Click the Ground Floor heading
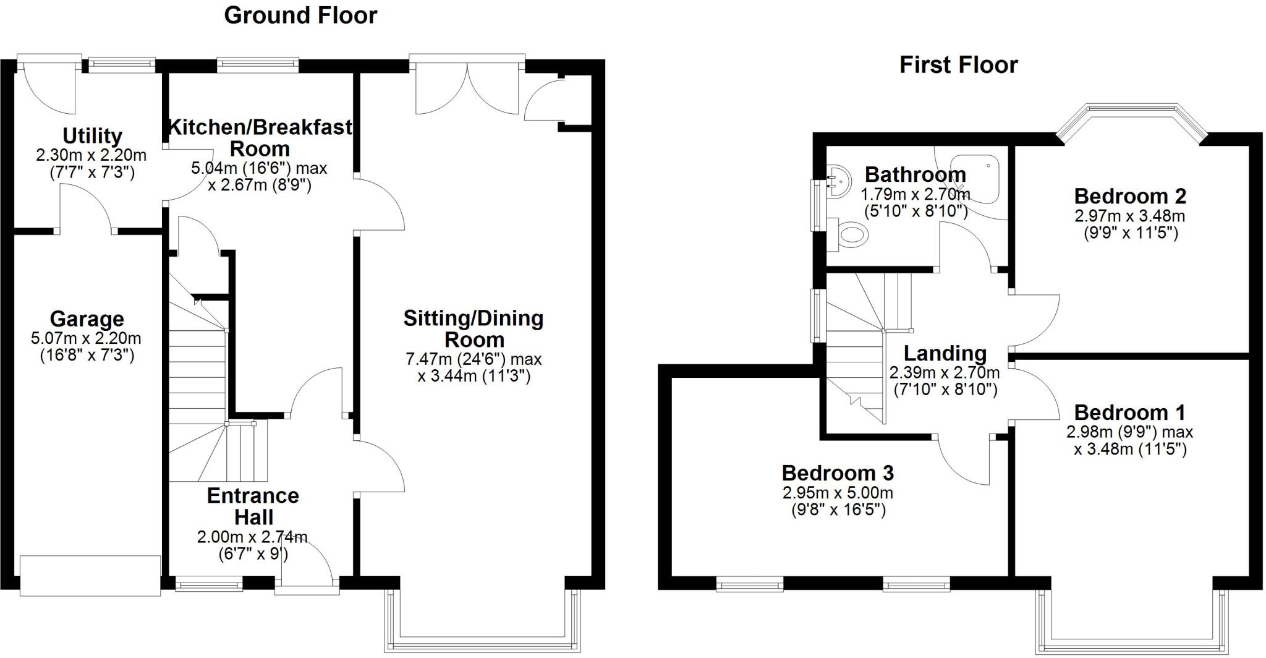click(x=300, y=15)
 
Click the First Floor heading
click(x=958, y=65)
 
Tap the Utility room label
click(x=92, y=135)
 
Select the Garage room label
click(x=87, y=319)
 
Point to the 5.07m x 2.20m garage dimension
click(x=86, y=338)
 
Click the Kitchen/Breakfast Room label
click(x=260, y=137)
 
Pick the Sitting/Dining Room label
click(x=474, y=328)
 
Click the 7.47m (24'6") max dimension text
click(x=474, y=359)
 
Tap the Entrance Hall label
click(x=253, y=506)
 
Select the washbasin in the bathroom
click(x=838, y=180)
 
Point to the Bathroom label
click(x=915, y=174)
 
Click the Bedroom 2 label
click(x=1130, y=196)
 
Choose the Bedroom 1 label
click(x=1130, y=412)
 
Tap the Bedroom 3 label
click(x=838, y=473)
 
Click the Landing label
click(x=945, y=353)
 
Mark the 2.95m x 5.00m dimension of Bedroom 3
click(x=838, y=493)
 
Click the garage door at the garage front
click(x=90, y=575)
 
